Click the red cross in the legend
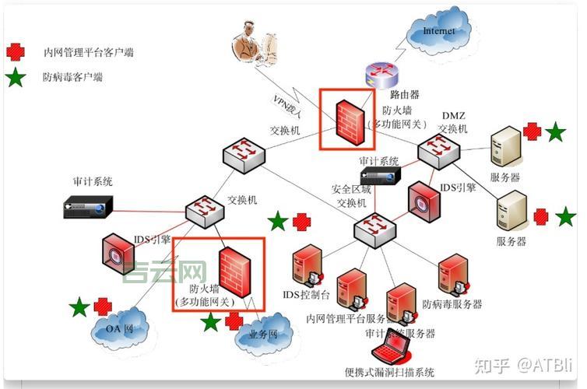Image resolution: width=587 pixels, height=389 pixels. coord(15,52)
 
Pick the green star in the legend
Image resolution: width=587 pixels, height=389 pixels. coord(15,77)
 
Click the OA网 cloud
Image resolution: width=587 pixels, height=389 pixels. coord(115,327)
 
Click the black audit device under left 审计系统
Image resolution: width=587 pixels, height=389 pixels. coord(89,206)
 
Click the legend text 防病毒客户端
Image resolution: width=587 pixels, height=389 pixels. coord(73,77)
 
